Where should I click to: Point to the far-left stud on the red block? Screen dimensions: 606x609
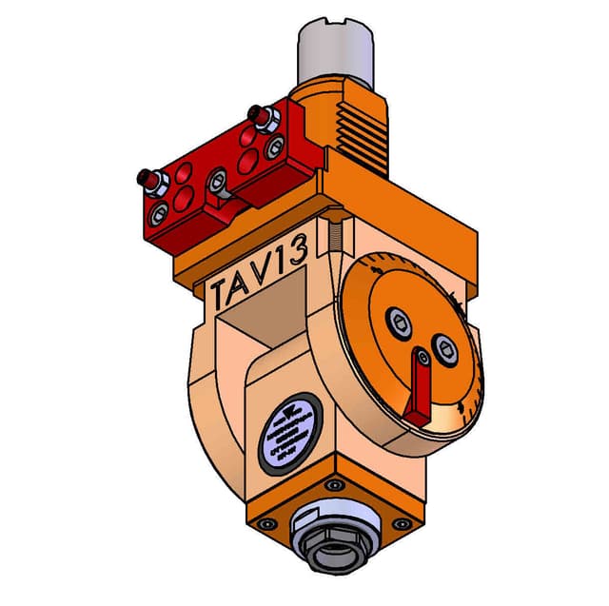tap(147, 178)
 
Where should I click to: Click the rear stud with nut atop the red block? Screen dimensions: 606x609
tap(257, 116)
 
